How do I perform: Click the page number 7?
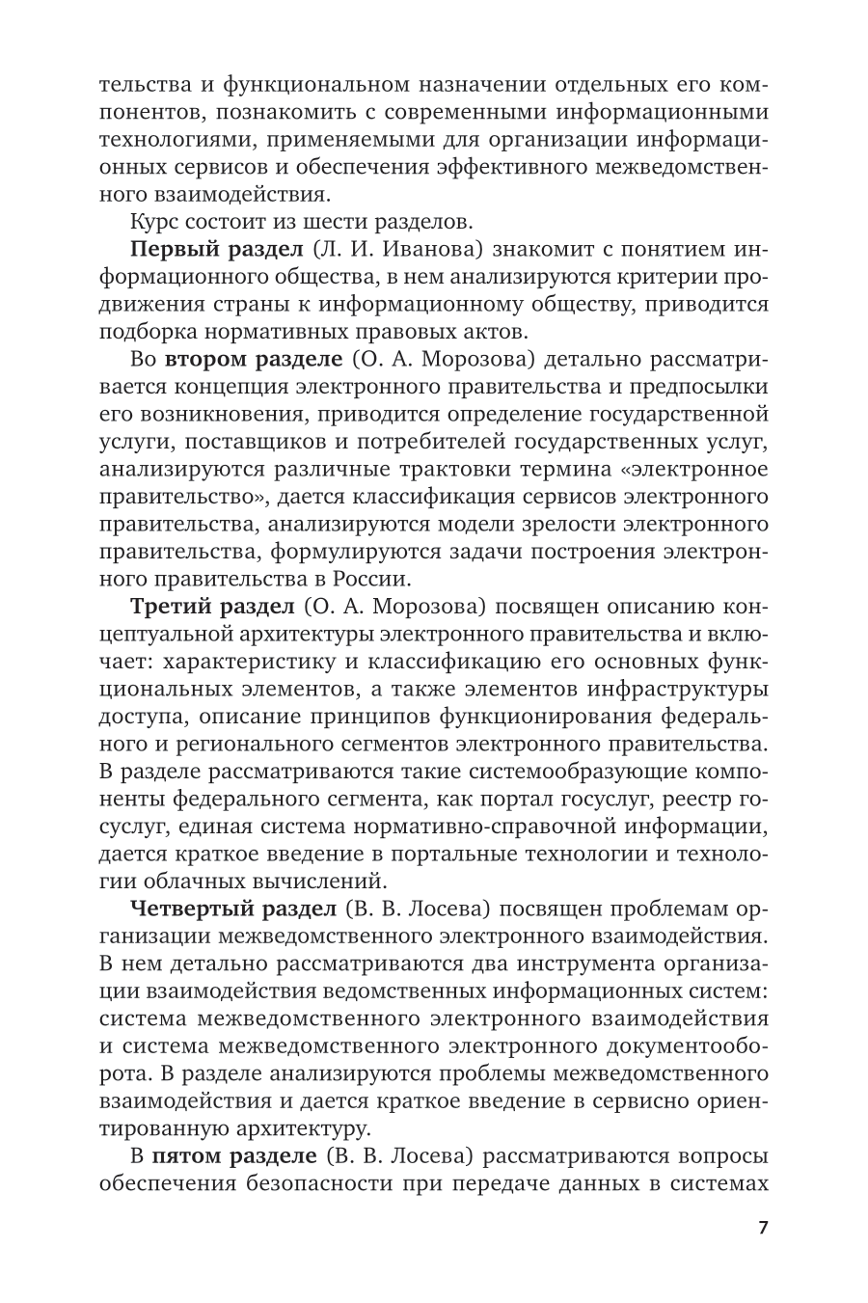(763, 1229)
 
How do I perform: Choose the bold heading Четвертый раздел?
(232, 909)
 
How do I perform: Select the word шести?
(341, 222)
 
